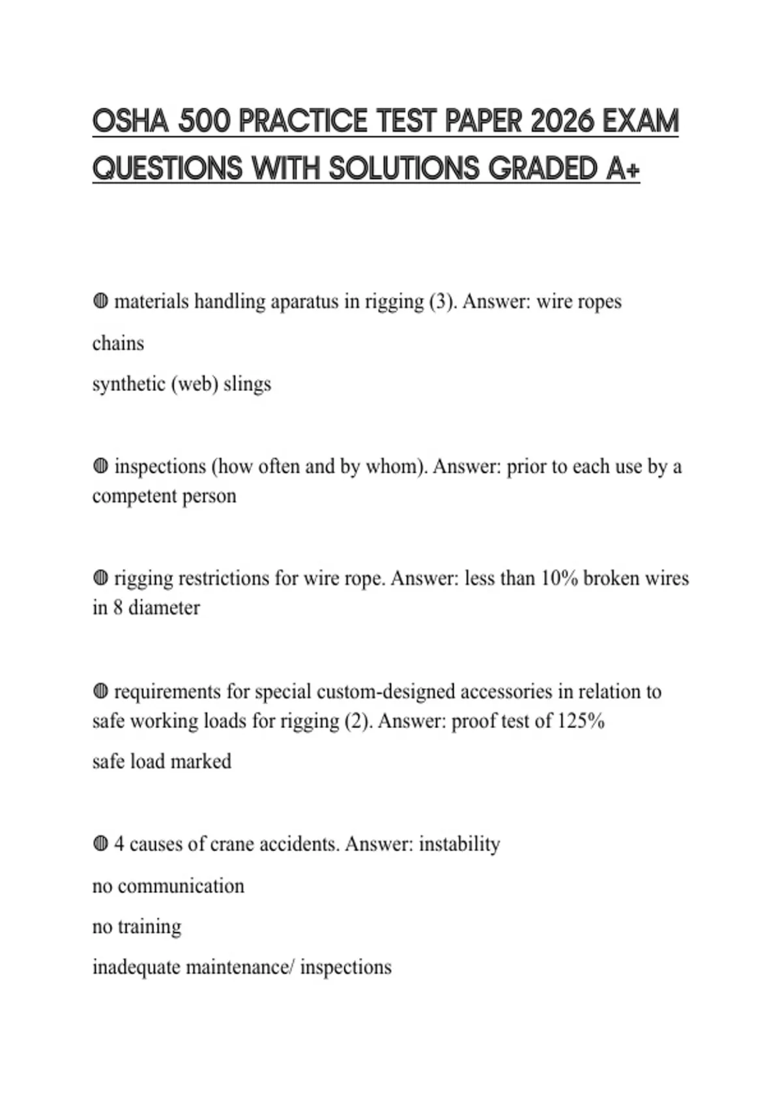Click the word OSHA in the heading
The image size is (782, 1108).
tap(130, 122)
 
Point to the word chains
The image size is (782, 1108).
tap(118, 343)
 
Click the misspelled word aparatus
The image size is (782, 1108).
tap(304, 302)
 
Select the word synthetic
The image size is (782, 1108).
tap(129, 384)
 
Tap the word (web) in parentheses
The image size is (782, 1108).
tap(194, 384)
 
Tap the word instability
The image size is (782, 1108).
tap(459, 844)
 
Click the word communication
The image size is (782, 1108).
tap(181, 886)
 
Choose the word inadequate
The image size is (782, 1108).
tap(136, 967)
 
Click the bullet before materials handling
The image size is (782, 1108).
tap(100, 302)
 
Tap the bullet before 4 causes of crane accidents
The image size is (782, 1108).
tap(100, 844)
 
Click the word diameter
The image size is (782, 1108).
tap(164, 607)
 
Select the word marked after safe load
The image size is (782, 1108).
tap(201, 761)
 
